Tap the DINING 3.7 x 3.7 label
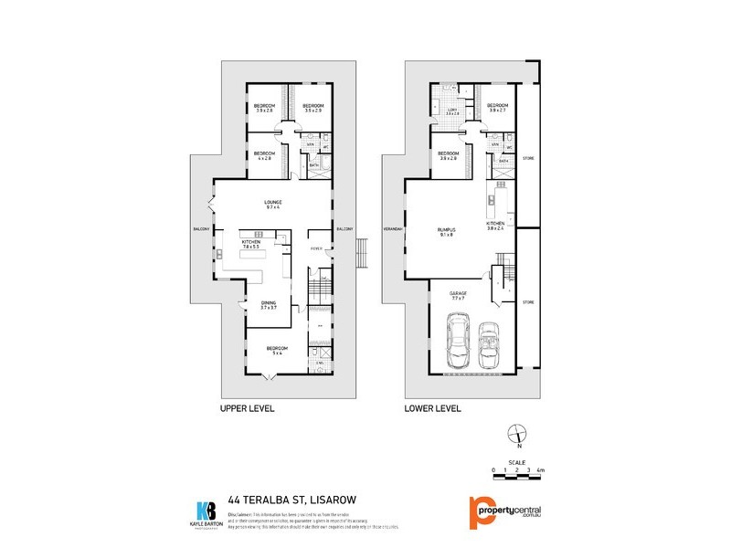point(268,304)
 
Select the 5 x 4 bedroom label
point(276,349)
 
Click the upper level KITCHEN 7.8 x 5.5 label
point(251,244)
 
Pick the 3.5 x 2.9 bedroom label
point(314,108)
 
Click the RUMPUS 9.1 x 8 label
point(446,232)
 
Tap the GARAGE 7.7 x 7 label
point(459,297)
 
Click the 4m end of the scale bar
point(541,470)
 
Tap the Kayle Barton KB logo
point(207,510)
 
